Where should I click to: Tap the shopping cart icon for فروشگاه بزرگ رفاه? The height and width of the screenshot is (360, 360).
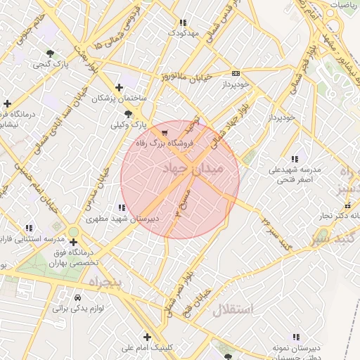[x=164, y=132]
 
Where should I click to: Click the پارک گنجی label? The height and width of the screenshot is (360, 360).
[x=50, y=64]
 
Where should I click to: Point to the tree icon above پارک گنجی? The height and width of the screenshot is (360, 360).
[x=50, y=53]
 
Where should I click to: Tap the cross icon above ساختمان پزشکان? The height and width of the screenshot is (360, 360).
[x=119, y=88]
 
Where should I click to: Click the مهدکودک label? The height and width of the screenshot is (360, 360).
[x=184, y=32]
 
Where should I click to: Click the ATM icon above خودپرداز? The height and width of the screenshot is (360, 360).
[x=235, y=73]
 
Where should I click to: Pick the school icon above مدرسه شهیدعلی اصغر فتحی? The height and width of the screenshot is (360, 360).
[x=294, y=159]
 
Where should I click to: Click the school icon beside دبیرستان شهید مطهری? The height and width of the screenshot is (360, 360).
[x=122, y=207]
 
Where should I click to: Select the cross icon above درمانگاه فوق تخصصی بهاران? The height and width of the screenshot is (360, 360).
[x=74, y=242]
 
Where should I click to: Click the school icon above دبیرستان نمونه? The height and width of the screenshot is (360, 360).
[x=295, y=337]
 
